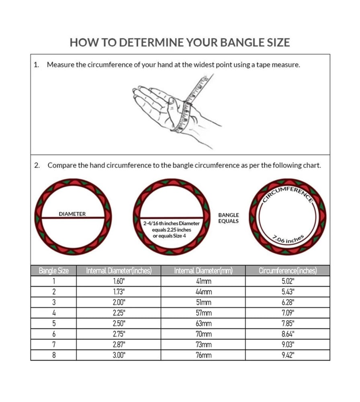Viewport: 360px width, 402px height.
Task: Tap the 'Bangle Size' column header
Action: pos(53,271)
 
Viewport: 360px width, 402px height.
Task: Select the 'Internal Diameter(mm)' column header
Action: pos(203,271)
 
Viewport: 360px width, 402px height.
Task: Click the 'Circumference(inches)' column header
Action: pos(288,271)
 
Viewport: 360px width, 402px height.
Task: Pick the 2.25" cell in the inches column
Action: pos(119,313)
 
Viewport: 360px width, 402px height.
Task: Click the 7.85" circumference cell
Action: pos(288,324)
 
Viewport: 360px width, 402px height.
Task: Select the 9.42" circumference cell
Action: pos(288,355)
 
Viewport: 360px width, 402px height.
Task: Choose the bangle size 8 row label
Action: pos(54,355)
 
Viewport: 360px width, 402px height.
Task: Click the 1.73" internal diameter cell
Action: pos(119,292)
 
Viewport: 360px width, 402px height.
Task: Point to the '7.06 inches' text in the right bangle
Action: pos(288,239)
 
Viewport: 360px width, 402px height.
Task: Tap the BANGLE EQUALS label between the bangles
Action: pos(229,218)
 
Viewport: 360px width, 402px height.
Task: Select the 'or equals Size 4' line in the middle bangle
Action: pos(170,236)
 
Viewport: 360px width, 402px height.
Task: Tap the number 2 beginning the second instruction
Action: pos(37,165)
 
